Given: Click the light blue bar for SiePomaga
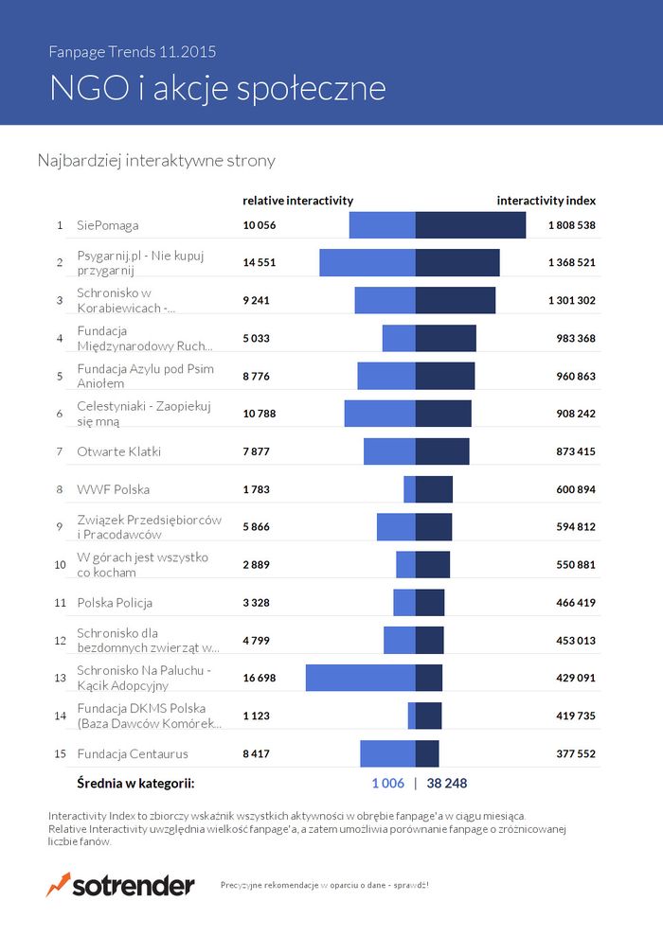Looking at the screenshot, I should point(383,225).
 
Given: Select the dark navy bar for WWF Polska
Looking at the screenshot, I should point(434,489).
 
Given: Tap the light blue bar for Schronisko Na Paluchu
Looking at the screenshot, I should point(360,678).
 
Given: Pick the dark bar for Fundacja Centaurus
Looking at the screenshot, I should point(427,753).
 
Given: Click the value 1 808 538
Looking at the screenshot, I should point(571,225).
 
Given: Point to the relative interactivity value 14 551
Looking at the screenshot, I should point(260,262).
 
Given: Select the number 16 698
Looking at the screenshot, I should point(260,679).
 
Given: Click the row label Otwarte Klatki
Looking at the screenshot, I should point(118,451).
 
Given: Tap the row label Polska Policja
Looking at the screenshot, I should point(115,603).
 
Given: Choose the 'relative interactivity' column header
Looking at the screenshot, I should point(297,201).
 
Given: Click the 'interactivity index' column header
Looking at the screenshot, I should point(546,201).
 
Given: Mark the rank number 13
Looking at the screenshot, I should point(60,679).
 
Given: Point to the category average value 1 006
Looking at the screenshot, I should point(387,784).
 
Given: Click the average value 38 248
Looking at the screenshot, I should point(447,784).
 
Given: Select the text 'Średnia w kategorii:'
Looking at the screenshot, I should point(135,784).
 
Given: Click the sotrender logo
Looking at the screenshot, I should point(120,885).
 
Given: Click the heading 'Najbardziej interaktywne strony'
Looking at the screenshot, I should point(156,161).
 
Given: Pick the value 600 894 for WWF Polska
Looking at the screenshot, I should point(575,489).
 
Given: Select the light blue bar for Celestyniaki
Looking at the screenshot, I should point(380,414).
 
